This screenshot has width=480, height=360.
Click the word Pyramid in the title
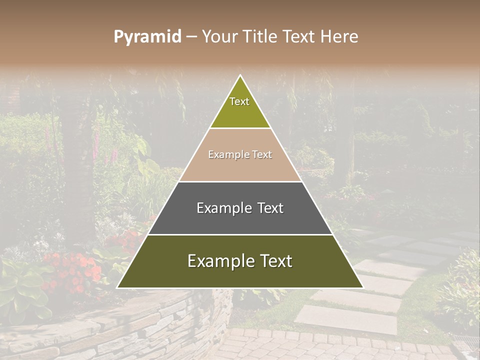(x=147, y=37)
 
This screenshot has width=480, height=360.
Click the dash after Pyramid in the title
(x=191, y=37)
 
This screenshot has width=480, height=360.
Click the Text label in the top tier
(x=239, y=101)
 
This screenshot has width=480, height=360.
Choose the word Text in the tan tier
(x=262, y=155)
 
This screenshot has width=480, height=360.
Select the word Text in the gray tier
(x=270, y=208)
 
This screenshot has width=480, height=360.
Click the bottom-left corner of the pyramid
(x=117, y=287)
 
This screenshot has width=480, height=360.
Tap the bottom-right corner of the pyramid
(x=363, y=287)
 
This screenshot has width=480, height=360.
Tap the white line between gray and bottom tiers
(x=240, y=234)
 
